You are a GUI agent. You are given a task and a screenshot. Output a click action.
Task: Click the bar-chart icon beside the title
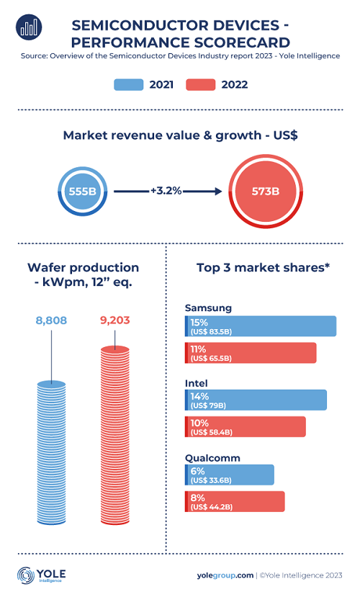29,27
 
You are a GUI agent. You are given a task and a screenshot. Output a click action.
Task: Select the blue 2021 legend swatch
129,84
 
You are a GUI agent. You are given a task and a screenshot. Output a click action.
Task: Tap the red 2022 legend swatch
201,84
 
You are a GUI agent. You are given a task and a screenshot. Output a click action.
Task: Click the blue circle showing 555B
83,191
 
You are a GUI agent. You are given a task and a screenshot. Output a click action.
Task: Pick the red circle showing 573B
266,191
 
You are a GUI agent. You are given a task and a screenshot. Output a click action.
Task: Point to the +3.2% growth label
166,190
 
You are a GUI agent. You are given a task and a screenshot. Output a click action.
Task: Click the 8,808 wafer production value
51,320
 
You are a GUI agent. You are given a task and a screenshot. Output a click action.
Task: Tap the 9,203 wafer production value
115,320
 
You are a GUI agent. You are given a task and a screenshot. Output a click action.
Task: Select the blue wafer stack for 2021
51,453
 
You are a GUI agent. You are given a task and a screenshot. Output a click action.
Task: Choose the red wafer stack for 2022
115,435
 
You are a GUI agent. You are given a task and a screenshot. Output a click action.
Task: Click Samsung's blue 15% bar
261,326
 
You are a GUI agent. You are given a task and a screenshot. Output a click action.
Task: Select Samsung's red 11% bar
251,353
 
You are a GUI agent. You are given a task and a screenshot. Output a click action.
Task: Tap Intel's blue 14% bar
256,400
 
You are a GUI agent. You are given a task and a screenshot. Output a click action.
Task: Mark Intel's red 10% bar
246,427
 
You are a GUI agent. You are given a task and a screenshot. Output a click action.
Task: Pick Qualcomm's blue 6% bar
230,475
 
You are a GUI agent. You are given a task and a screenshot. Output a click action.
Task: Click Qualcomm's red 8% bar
235,501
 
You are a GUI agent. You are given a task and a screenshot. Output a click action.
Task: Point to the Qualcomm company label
212,458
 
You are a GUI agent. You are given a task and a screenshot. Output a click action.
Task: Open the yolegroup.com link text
225,575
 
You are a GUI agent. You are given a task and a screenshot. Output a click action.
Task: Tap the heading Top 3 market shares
263,268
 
